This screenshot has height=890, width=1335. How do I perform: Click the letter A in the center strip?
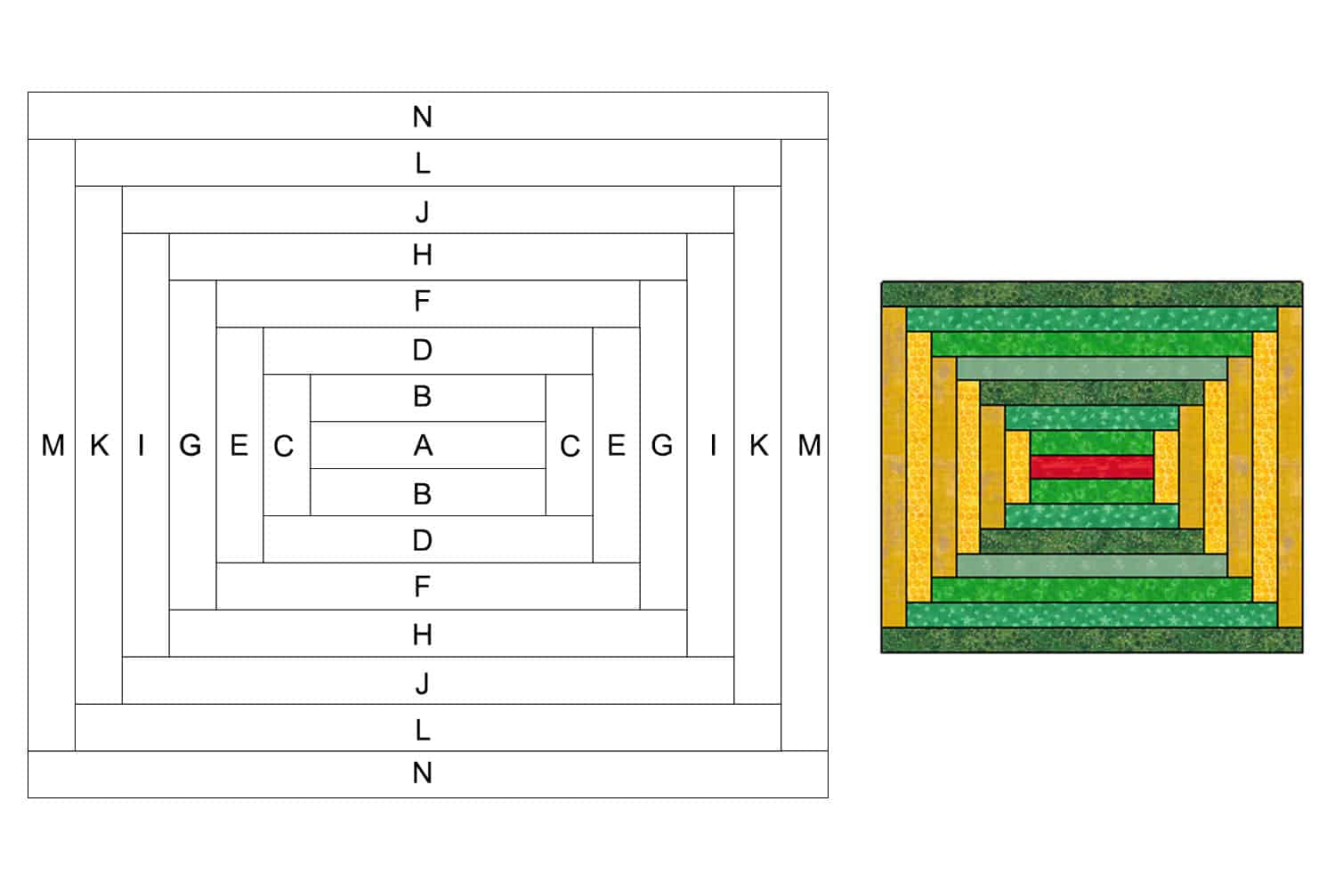(423, 445)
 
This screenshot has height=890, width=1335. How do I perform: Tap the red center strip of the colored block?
(1091, 466)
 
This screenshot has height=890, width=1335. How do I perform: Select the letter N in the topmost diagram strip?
(423, 117)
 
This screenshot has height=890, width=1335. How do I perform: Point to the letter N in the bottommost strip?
(423, 773)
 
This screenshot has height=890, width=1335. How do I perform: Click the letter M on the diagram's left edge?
(53, 445)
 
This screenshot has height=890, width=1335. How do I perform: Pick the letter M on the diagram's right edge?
(809, 445)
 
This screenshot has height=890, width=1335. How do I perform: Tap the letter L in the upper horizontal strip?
(423, 164)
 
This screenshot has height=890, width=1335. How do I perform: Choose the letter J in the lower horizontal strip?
(423, 683)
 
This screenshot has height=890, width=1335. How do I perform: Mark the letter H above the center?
(423, 256)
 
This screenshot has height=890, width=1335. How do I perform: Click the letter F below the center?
(423, 587)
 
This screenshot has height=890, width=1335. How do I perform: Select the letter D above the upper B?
(423, 350)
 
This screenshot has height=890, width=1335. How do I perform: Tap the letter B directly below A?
(423, 493)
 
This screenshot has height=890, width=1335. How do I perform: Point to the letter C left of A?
(284, 446)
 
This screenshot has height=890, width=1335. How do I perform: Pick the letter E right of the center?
(616, 445)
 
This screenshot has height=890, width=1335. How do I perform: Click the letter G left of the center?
(190, 445)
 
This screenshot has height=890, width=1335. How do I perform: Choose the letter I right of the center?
(713, 445)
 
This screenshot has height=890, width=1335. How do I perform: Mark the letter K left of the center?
(99, 445)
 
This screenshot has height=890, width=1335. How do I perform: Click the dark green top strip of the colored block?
(1091, 295)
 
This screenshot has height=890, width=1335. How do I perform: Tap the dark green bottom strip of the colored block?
(1091, 641)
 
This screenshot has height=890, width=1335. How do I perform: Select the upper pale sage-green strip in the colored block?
(1091, 368)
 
